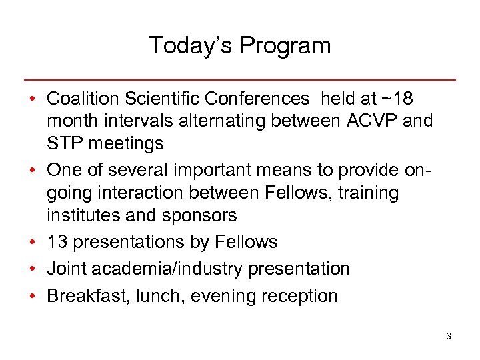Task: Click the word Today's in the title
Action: tap(191, 45)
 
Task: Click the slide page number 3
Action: tap(449, 337)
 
